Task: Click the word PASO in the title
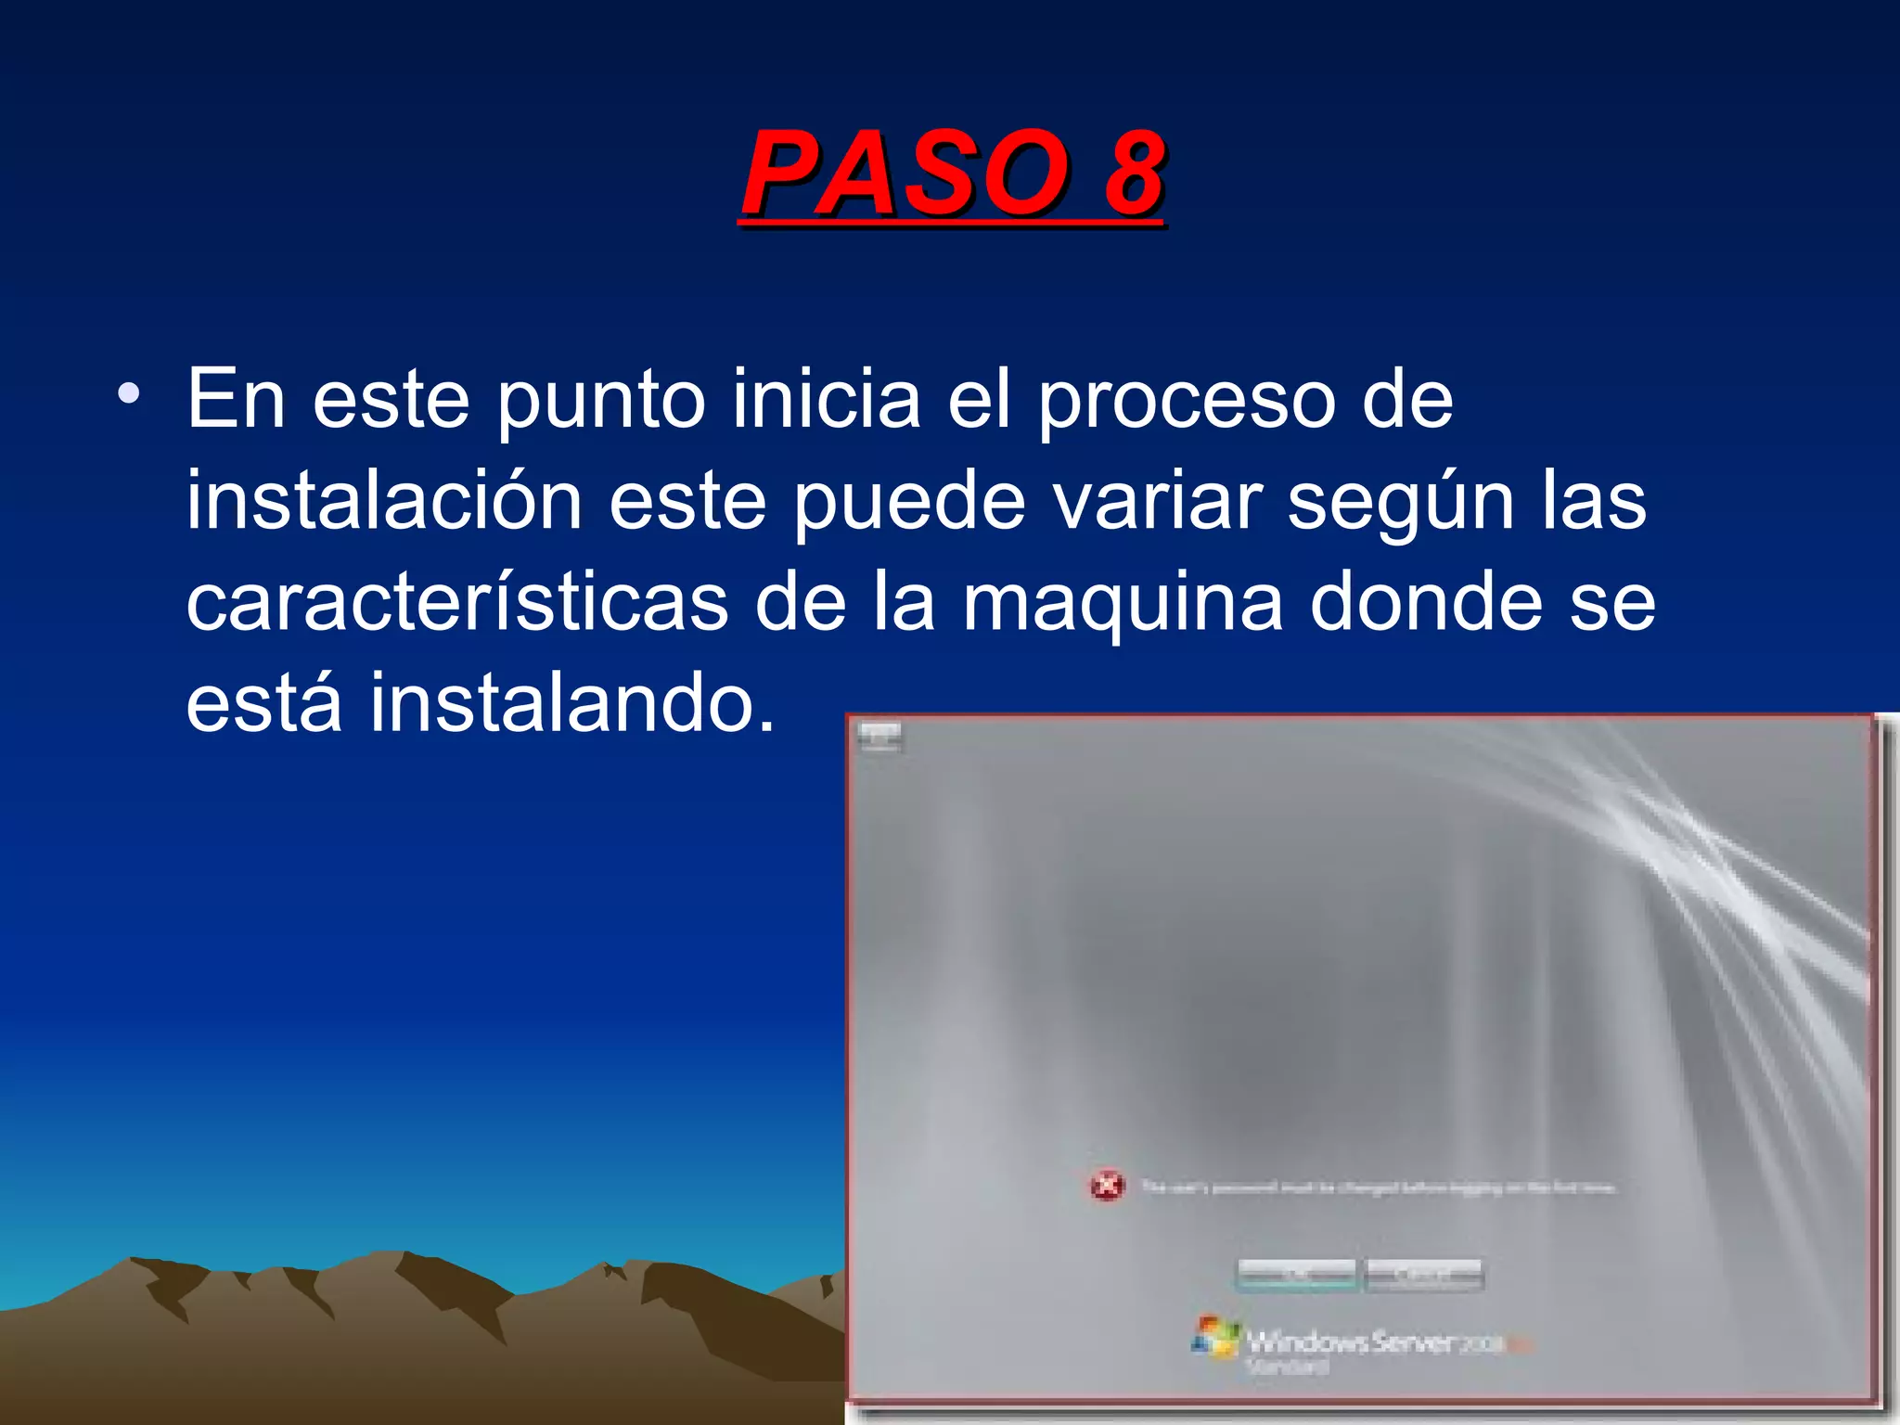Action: pos(905,173)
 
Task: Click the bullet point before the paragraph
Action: pos(129,394)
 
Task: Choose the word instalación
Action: pos(384,501)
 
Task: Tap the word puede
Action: pos(909,503)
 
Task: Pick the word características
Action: pos(456,603)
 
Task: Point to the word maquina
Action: pos(1123,605)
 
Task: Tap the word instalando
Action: pos(571,703)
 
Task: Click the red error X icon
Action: pos(1107,1186)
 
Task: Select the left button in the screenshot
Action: pos(1296,1275)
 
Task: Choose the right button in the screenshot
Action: pos(1424,1275)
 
